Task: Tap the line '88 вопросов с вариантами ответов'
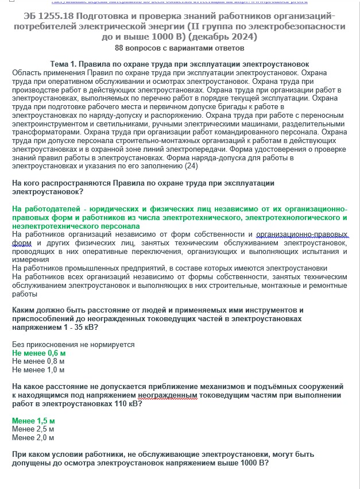click(x=180, y=48)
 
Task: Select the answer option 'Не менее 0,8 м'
click(x=38, y=361)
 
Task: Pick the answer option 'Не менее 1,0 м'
click(x=38, y=370)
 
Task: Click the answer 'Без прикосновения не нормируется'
click(x=73, y=344)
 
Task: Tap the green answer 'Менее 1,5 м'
click(x=33, y=421)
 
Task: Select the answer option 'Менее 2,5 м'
click(x=33, y=429)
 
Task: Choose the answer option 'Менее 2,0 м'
click(x=33, y=438)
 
